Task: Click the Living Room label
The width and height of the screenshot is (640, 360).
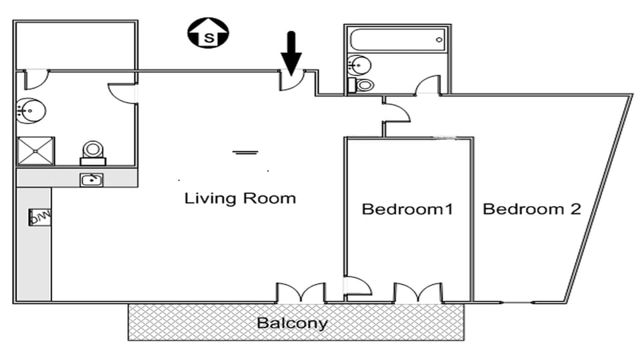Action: click(240, 198)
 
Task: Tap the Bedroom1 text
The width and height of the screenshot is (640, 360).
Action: click(407, 209)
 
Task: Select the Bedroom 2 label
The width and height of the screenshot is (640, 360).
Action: click(531, 209)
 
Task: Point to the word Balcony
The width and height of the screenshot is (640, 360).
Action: click(293, 324)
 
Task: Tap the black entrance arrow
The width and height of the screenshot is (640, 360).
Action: click(290, 50)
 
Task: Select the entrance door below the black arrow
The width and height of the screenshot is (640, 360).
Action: click(292, 80)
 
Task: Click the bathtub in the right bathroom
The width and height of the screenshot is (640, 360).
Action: click(397, 40)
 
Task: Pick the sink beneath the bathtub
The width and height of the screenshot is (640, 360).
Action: click(360, 65)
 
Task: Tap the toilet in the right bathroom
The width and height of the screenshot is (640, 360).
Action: click(363, 85)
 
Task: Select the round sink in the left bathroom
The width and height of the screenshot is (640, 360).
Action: click(29, 110)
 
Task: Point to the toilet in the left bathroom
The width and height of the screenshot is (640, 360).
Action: click(93, 153)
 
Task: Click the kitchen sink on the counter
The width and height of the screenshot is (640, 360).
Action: click(91, 179)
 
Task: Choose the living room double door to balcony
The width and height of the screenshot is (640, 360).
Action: click(301, 293)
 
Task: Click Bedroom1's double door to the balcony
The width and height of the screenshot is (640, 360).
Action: click(417, 293)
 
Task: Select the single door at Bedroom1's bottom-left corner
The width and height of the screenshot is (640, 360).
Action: click(357, 287)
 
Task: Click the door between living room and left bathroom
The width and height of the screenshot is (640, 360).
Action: click(122, 93)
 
